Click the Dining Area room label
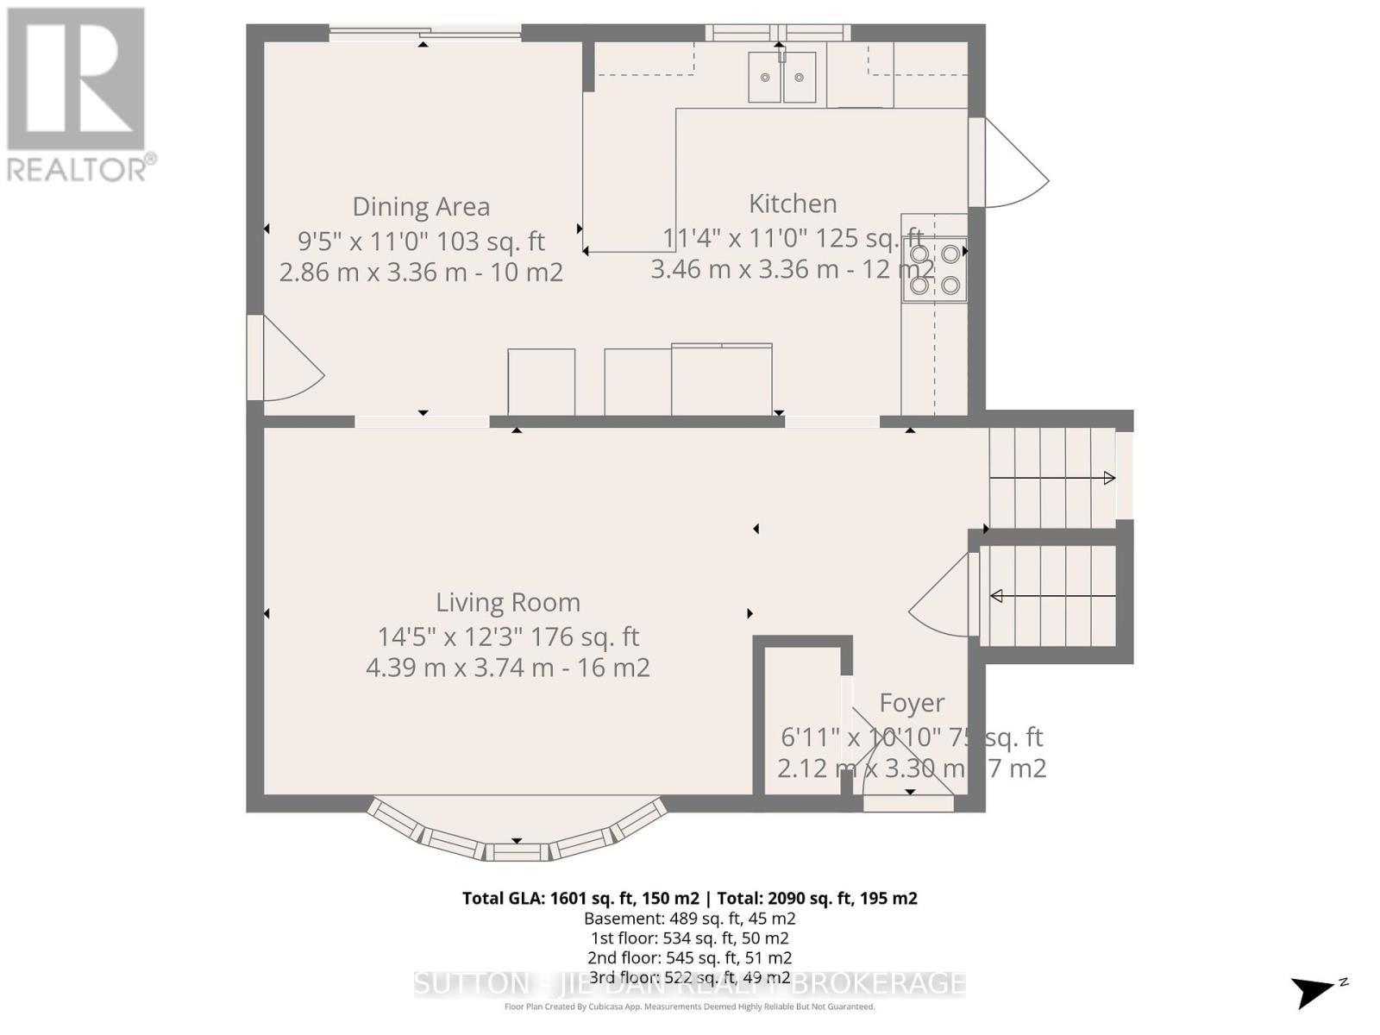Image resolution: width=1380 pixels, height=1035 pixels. [x=421, y=207]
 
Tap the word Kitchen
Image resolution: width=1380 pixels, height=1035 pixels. [x=793, y=204]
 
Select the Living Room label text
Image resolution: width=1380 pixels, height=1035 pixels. [x=507, y=602]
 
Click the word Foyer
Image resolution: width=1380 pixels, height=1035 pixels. [x=912, y=703]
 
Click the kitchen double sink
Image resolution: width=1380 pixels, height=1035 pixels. [x=781, y=77]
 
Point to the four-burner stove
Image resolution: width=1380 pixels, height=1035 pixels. [x=935, y=269]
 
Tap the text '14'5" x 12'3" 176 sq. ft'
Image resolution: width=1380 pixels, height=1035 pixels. [x=507, y=637]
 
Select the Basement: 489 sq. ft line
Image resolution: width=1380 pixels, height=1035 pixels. [x=689, y=919]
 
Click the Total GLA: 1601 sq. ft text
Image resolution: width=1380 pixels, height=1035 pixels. [x=580, y=898]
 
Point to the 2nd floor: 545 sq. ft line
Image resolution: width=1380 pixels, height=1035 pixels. [x=689, y=957]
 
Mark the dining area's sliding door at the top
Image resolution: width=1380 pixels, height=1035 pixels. [x=424, y=34]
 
